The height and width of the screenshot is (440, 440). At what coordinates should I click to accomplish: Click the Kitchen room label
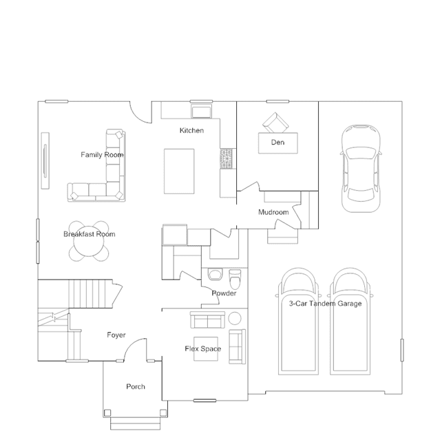[x=191, y=130]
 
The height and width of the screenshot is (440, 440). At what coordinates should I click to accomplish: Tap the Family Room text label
[x=102, y=155]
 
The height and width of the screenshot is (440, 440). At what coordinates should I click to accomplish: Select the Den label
[x=277, y=143]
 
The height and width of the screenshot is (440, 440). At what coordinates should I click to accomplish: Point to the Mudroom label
[x=273, y=212]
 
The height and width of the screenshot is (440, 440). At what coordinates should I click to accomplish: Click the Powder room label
[x=224, y=293]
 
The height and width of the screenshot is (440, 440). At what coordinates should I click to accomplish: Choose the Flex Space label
[x=203, y=349]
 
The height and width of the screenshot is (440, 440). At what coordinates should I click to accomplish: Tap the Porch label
[x=136, y=387]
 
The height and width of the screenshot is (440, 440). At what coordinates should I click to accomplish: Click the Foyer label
[x=116, y=335]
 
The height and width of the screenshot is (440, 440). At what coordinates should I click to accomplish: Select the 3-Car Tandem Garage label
[x=325, y=304]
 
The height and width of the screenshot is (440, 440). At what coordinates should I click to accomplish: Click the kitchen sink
[x=201, y=111]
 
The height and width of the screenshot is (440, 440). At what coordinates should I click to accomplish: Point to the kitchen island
[x=179, y=171]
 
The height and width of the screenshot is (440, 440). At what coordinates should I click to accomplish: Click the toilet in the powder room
[x=235, y=279]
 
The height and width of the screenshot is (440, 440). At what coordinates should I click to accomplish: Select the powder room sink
[x=216, y=275]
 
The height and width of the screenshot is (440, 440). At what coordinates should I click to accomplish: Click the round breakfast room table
[x=89, y=241]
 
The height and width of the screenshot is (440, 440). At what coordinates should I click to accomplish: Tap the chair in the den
[x=275, y=123]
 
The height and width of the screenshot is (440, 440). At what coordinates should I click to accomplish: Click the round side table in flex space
[x=235, y=319]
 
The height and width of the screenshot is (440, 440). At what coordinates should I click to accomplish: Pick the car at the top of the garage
[x=361, y=169]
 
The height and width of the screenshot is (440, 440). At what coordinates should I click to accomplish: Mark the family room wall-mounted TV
[x=45, y=160]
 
